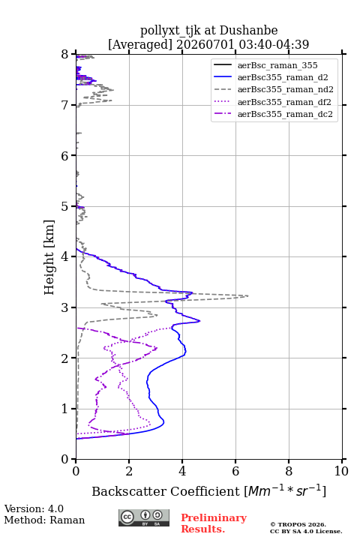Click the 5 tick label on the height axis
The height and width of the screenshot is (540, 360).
(65, 207)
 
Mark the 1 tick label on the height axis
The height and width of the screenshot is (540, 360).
(65, 409)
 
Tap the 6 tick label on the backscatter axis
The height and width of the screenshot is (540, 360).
(235, 471)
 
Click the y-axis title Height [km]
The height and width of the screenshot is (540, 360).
(49, 257)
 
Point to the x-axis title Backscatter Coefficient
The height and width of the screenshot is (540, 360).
(166, 491)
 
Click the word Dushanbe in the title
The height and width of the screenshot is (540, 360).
(248, 31)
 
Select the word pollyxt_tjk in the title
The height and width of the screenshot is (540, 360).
(170, 31)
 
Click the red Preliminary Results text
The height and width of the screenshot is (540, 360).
(214, 523)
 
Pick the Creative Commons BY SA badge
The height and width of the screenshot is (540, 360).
(144, 517)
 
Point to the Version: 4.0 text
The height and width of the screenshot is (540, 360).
(34, 508)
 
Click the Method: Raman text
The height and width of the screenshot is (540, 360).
(44, 520)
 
